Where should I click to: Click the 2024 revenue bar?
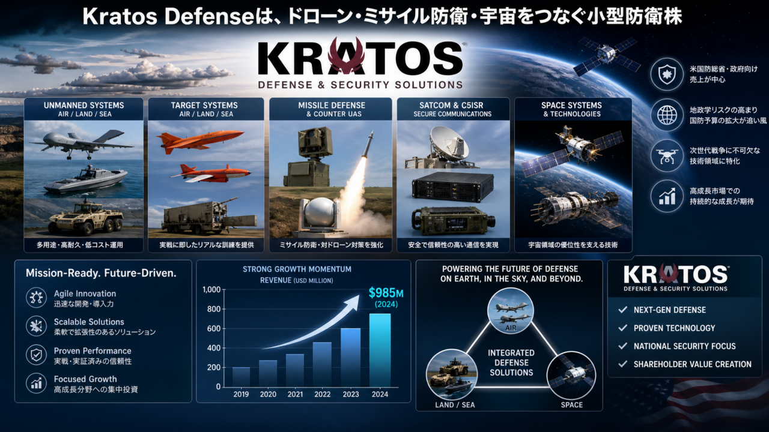(380, 350)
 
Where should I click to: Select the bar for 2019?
(241, 377)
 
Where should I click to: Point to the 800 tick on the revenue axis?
(211, 309)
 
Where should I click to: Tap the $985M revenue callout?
(386, 293)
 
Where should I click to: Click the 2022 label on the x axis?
(323, 394)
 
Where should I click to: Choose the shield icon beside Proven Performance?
(36, 355)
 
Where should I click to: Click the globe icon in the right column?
(667, 115)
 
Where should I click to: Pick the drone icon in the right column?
(667, 155)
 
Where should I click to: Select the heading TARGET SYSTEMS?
(204, 105)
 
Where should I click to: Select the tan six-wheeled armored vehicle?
(86, 217)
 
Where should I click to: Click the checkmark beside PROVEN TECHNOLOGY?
(623, 328)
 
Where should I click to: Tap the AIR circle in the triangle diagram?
(511, 311)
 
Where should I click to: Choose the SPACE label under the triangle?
(571, 405)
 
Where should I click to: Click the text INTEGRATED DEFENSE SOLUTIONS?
(511, 363)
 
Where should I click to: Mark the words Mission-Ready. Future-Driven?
(101, 273)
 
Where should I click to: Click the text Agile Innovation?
(85, 293)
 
